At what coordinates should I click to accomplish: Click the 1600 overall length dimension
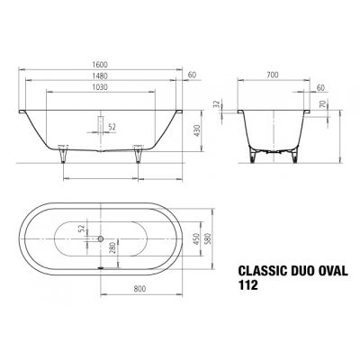(102, 67)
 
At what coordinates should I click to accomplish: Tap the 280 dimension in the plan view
(112, 248)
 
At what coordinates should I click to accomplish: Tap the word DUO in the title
(301, 266)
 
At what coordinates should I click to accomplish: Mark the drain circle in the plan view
(101, 238)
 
